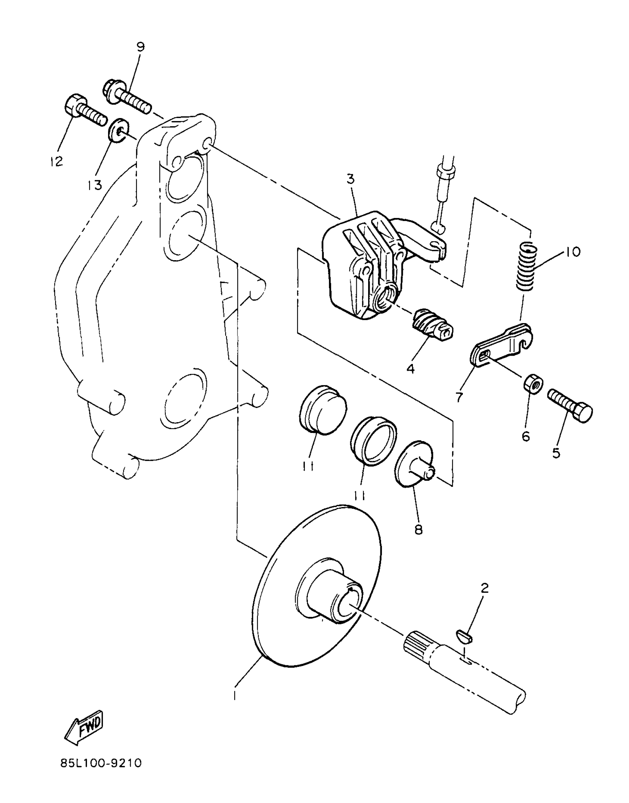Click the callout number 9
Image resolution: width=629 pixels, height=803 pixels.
coord(141,47)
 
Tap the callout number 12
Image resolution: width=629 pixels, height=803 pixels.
coord(57,161)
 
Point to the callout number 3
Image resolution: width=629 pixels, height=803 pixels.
coord(350,179)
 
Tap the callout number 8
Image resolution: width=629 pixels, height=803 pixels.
coord(418,530)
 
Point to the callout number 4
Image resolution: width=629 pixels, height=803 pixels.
coord(411,368)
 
